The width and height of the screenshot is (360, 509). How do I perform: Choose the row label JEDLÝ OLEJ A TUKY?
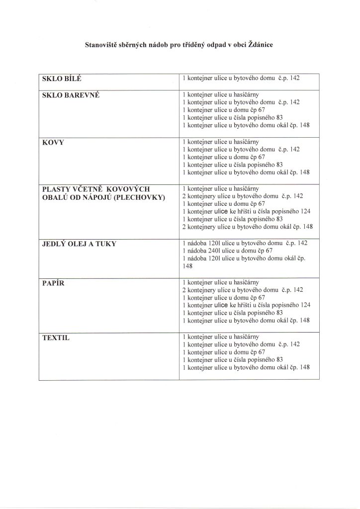click(x=80, y=244)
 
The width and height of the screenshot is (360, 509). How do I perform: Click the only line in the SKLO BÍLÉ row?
click(x=242, y=79)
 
